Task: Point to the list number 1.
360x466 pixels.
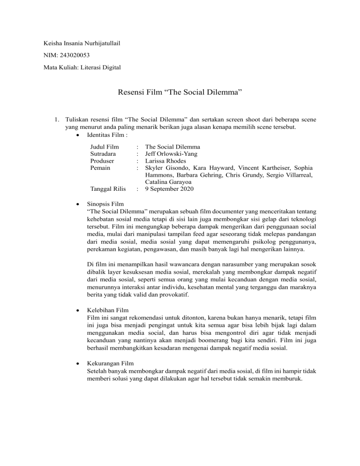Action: (56, 120)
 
